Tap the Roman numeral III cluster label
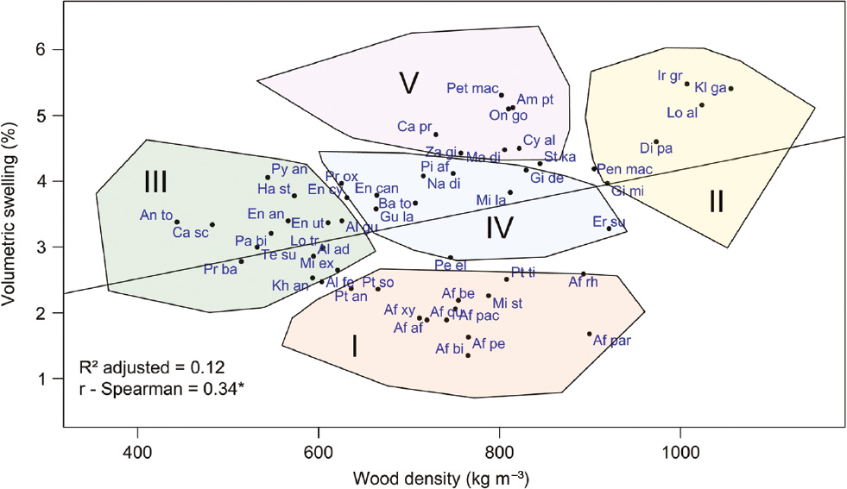155,182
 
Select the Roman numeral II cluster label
716,201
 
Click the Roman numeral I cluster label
354,346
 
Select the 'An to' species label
156,215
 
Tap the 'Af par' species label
612,341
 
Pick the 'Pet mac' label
471,87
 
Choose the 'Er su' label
609,222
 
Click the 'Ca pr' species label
414,127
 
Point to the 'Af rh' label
583,282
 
